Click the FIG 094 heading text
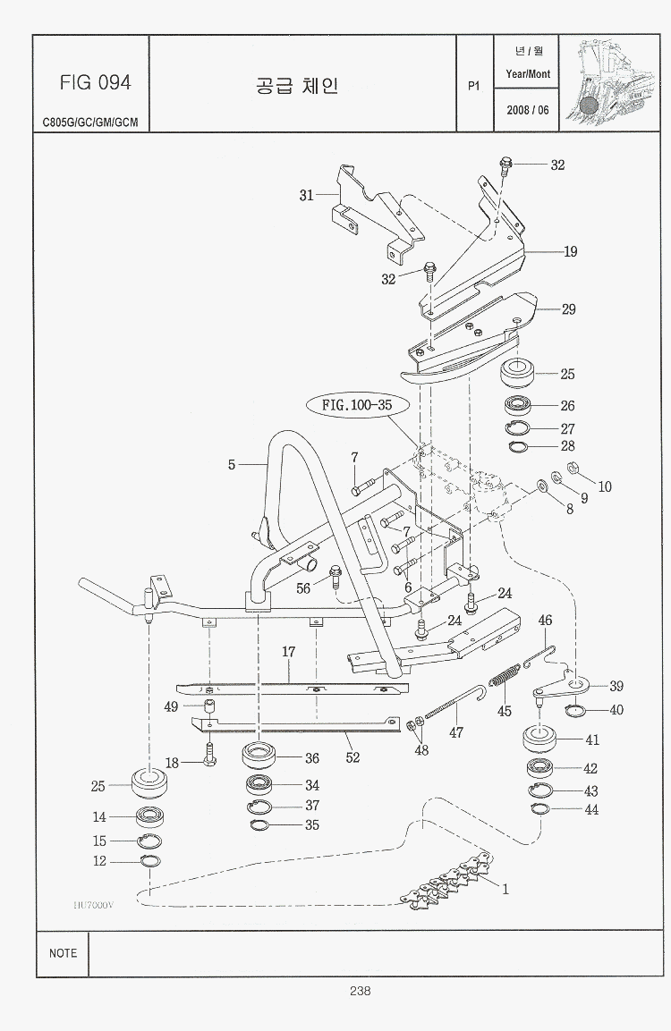click(96, 82)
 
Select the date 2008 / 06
click(528, 109)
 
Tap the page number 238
click(361, 990)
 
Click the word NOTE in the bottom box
click(63, 953)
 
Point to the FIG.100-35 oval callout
click(357, 404)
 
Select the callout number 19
click(570, 251)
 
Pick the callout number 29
click(568, 309)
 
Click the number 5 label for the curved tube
click(232, 465)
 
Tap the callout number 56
click(303, 587)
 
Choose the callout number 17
click(289, 653)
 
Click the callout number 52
click(352, 757)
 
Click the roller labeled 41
click(539, 740)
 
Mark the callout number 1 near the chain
click(505, 889)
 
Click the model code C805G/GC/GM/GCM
click(90, 123)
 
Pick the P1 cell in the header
click(474, 86)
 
